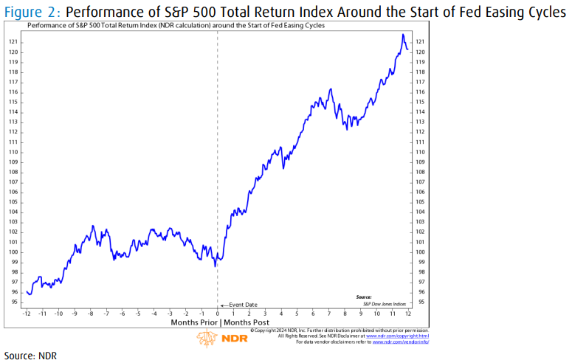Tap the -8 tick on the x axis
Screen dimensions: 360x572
coord(91,313)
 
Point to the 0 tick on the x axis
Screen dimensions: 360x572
coord(218,313)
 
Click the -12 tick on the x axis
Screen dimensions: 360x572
coord(27,313)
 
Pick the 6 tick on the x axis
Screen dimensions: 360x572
coord(313,313)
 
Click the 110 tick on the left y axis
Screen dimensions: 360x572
coord(14,152)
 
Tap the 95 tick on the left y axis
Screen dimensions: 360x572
coord(14,302)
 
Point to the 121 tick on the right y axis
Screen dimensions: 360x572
coord(421,42)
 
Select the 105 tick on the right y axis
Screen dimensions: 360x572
coord(421,201)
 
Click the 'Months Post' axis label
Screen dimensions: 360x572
coord(245,323)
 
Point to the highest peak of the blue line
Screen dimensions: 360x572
coord(403,35)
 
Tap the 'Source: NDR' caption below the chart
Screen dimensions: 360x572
coord(30,355)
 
